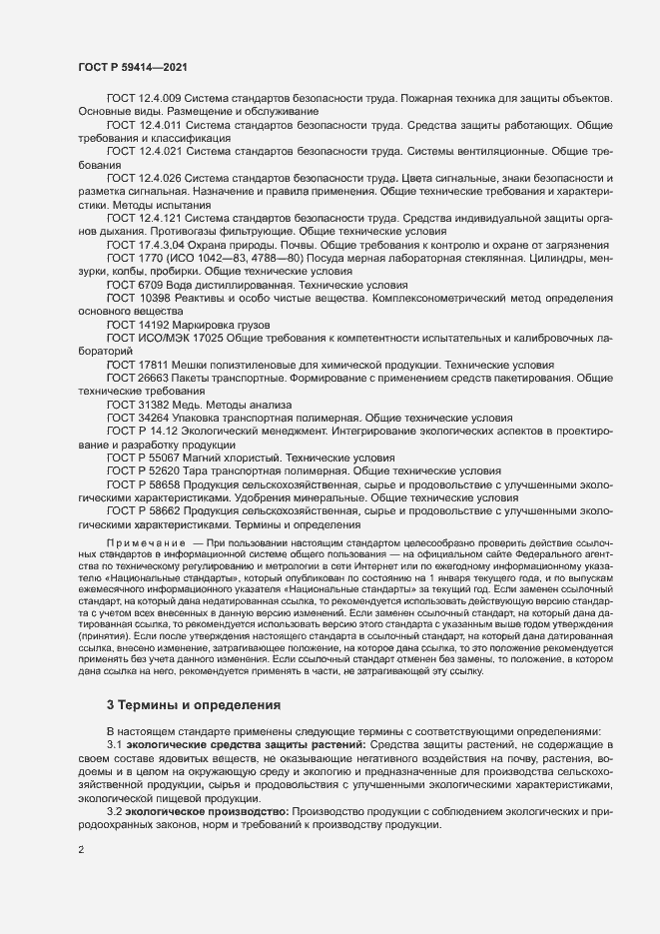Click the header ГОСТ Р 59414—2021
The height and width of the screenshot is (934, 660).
[130, 66]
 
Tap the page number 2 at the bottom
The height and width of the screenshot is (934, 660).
[80, 852]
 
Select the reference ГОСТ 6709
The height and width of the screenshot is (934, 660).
[136, 284]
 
